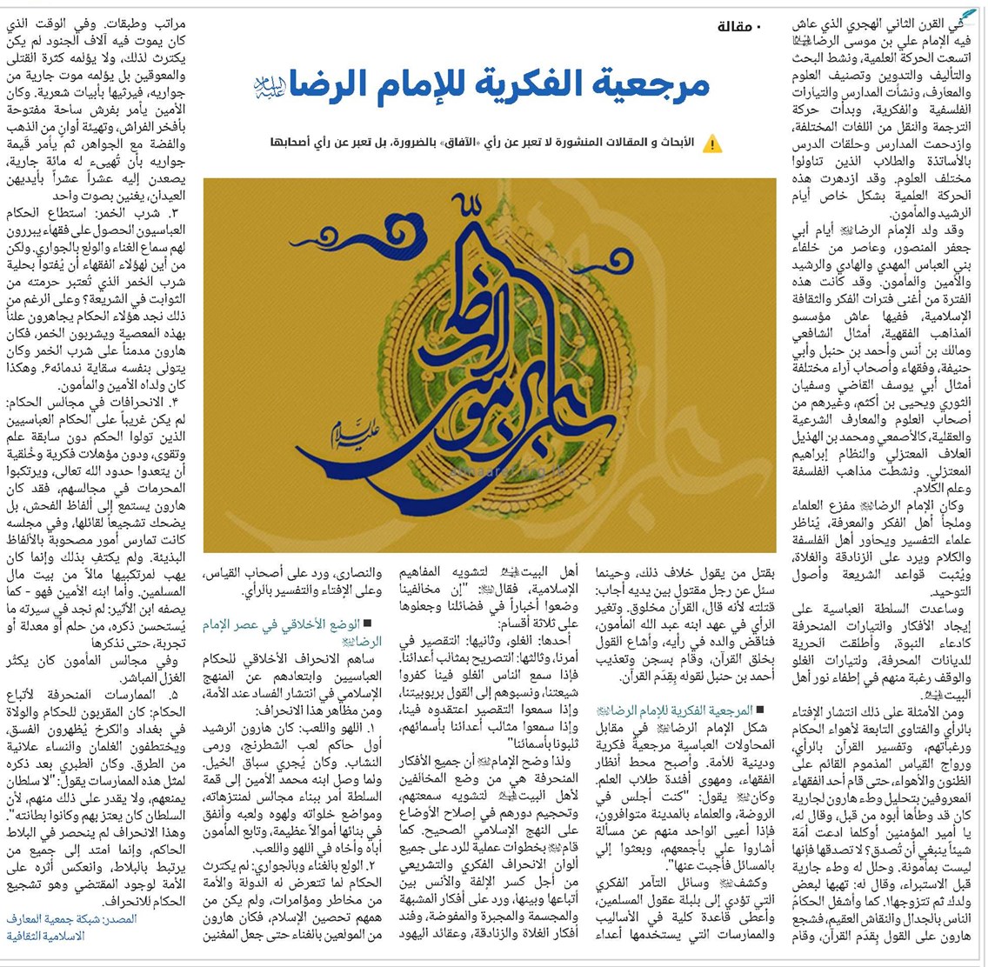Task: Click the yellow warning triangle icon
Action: pyautogui.click(x=713, y=143)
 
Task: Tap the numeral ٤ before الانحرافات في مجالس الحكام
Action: pyautogui.click(x=174, y=401)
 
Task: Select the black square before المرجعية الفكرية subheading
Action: pyautogui.click(x=761, y=710)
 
